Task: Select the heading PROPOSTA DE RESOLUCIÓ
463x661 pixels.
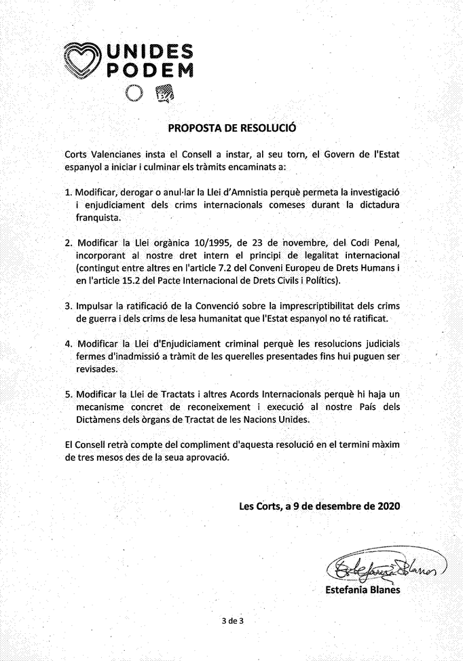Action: (231, 127)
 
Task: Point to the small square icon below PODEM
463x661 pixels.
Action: (164, 94)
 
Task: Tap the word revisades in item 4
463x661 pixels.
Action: (96, 369)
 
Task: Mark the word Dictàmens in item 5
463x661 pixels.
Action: (98, 419)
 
